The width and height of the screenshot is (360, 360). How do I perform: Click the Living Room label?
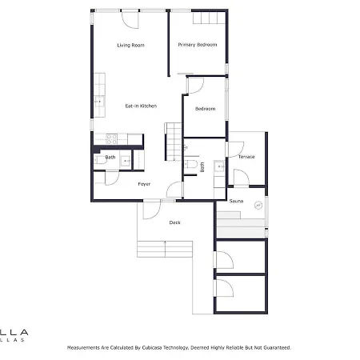[130, 46]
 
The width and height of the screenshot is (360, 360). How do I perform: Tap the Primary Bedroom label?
[198, 46]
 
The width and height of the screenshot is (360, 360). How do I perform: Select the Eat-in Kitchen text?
[140, 106]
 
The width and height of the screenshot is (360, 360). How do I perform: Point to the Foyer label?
[144, 184]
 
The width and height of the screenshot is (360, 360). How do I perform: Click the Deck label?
[174, 222]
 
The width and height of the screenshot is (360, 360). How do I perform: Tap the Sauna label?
[236, 202]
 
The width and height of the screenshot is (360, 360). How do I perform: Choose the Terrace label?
[246, 157]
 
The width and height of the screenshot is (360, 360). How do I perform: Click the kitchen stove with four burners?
[113, 139]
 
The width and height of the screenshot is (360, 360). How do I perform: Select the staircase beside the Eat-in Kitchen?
[173, 139]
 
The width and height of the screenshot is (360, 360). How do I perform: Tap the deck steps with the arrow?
[165, 249]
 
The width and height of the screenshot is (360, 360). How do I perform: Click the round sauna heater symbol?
[258, 206]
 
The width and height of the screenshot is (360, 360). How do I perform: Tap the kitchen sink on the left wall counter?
[99, 100]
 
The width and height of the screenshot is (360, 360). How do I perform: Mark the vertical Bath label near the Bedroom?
[202, 167]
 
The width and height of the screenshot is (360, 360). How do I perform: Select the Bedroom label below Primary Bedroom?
[206, 109]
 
